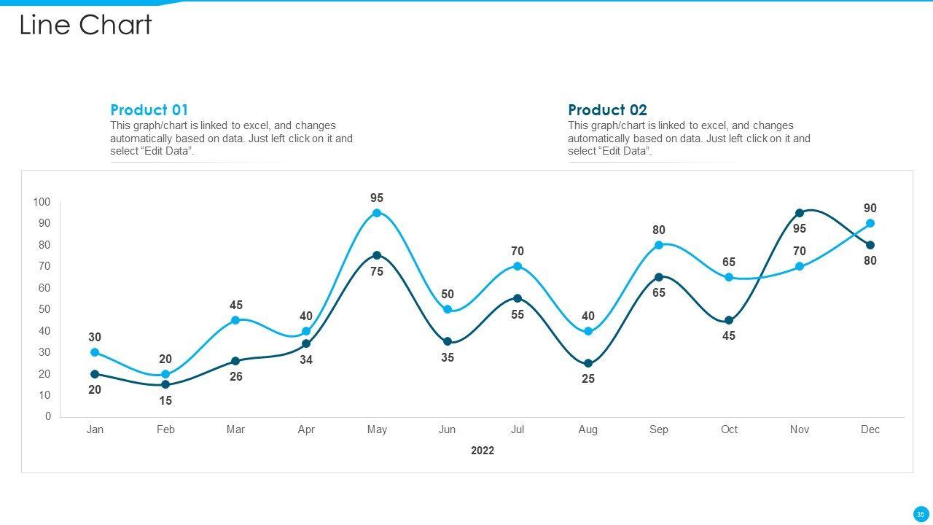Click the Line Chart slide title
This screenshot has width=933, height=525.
(85, 26)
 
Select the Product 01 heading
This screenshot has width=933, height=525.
(149, 110)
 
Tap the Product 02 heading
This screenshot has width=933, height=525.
(607, 110)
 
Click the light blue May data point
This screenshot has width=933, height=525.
(377, 213)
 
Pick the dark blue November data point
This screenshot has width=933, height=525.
(800, 213)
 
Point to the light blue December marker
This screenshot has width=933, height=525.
(870, 224)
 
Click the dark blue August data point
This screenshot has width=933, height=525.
(588, 363)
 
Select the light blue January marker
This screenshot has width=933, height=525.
(95, 352)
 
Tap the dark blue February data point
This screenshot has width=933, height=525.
(165, 384)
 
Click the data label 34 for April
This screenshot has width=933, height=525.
(306, 359)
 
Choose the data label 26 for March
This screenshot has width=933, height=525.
(236, 377)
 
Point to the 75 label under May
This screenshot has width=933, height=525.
(377, 271)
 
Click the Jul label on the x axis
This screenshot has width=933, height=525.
(518, 429)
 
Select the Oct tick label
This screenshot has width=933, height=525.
(729, 429)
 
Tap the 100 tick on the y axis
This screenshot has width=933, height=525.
(42, 202)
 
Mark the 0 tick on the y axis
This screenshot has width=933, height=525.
(48, 416)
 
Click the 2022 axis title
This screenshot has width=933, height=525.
(483, 451)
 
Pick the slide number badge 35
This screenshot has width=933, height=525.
(921, 514)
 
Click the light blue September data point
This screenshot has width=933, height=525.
(659, 245)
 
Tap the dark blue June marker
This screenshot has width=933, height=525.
(448, 341)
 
